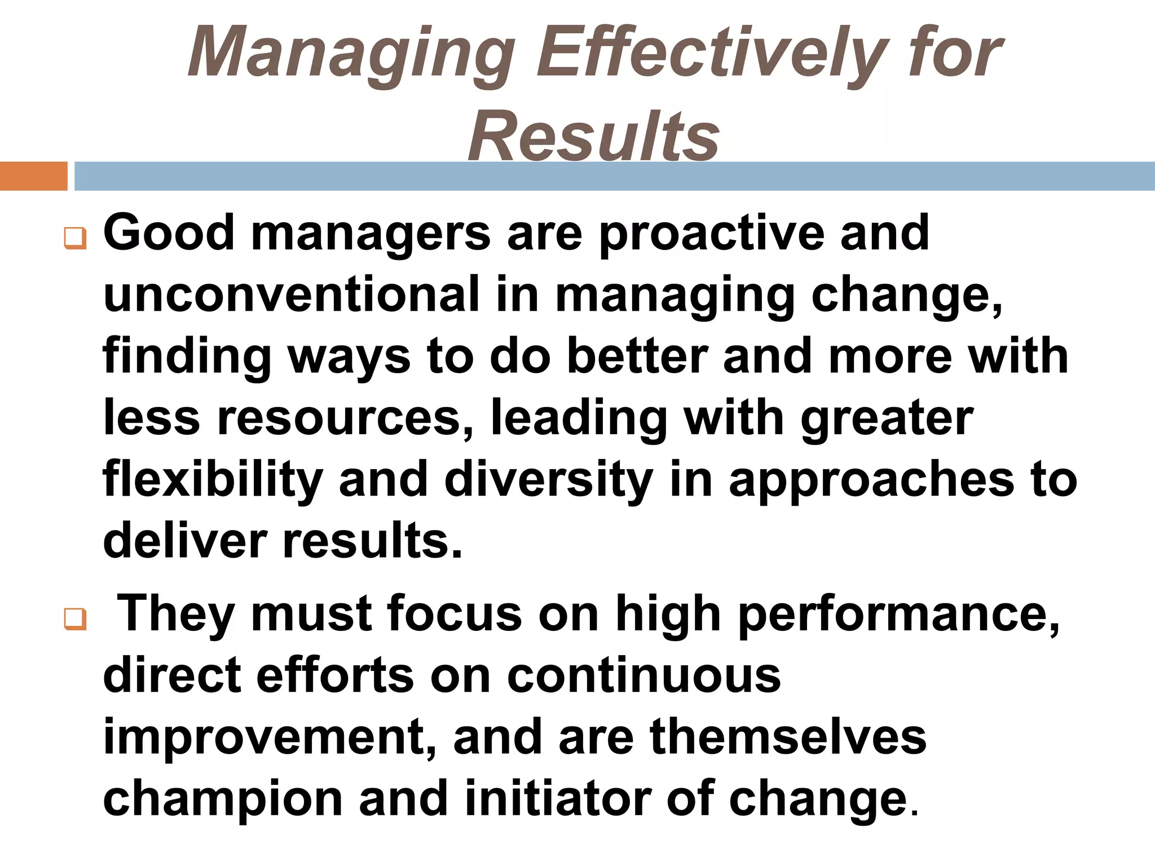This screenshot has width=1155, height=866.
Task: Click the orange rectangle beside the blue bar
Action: [x=33, y=176]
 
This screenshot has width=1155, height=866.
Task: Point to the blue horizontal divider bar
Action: [x=615, y=176]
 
